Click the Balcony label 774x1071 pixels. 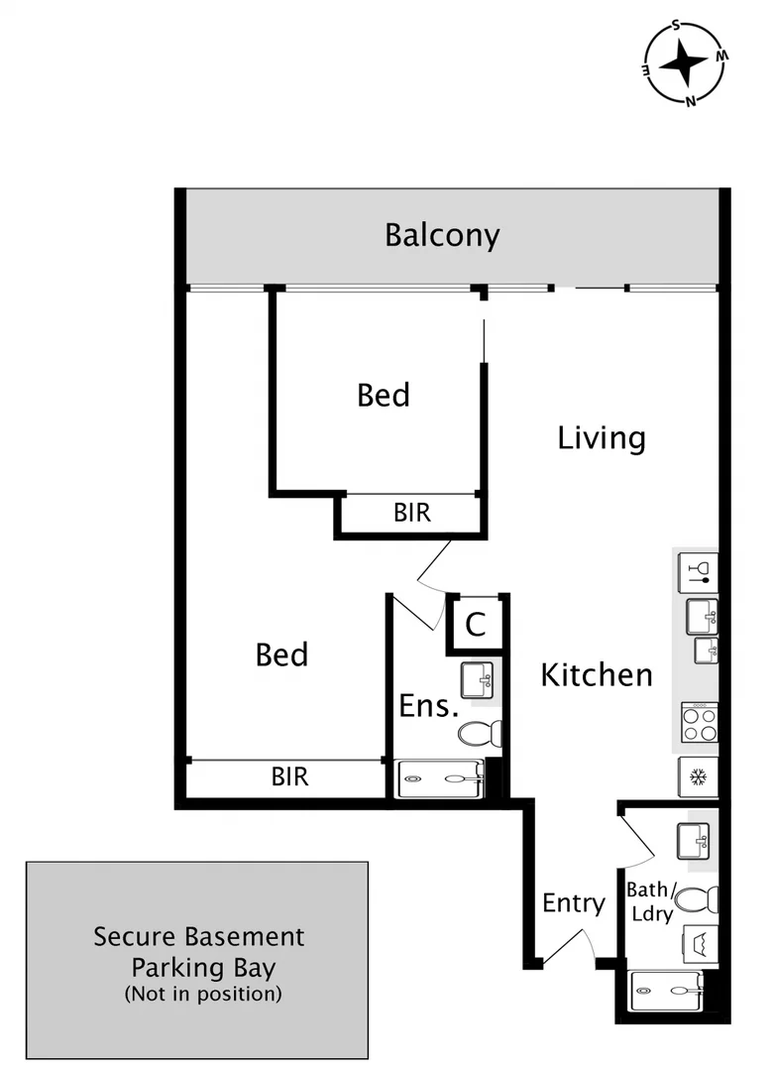point(442,236)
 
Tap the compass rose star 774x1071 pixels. point(684,64)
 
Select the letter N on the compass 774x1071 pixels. point(691,100)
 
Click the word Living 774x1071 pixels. point(602,437)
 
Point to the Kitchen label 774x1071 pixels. point(597,675)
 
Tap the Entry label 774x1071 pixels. point(573,902)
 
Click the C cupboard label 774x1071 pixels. point(476,625)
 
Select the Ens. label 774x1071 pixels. point(428,706)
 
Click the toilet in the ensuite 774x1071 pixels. point(481,734)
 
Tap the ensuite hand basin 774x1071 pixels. point(476,679)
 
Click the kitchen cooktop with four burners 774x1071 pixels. point(699,721)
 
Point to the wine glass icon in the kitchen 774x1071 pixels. point(698,570)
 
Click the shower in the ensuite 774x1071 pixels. point(439,779)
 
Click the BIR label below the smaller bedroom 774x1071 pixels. point(412,513)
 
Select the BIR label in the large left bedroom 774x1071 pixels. point(290,776)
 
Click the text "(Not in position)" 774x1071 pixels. point(203,993)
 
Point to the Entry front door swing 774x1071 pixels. point(567,944)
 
